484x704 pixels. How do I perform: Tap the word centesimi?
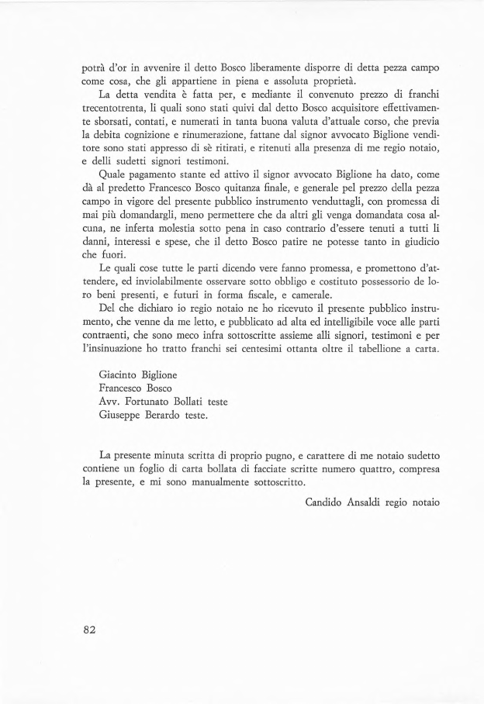click(x=253, y=353)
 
